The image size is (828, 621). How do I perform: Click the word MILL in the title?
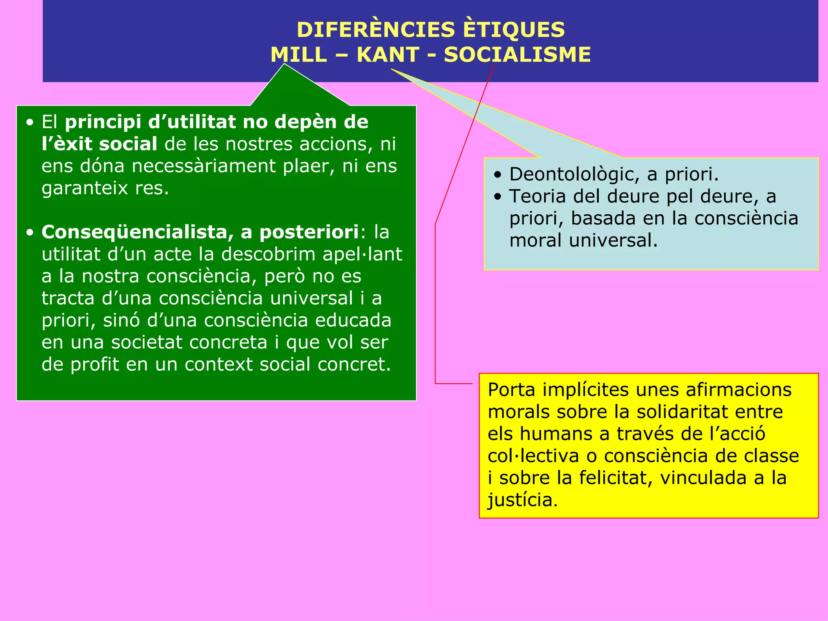pos(298,55)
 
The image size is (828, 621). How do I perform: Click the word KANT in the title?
pos(387,55)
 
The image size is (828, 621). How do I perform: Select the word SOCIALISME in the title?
pos(517,55)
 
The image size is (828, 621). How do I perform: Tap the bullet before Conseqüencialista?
pos(30,233)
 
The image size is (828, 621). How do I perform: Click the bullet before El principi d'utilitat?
pos(30,123)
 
